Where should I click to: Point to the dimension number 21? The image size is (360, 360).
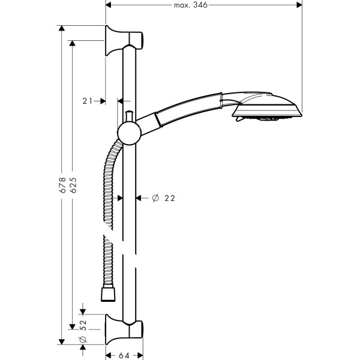[x=88, y=101]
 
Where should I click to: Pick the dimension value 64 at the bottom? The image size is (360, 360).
[x=124, y=355]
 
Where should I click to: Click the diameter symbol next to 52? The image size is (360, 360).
[x=83, y=340]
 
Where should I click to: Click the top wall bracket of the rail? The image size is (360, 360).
[x=124, y=41]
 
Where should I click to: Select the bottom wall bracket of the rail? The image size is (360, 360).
[x=124, y=328]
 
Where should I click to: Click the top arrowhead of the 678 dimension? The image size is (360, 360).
[x=61, y=29]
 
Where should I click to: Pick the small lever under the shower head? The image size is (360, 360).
[x=240, y=121]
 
